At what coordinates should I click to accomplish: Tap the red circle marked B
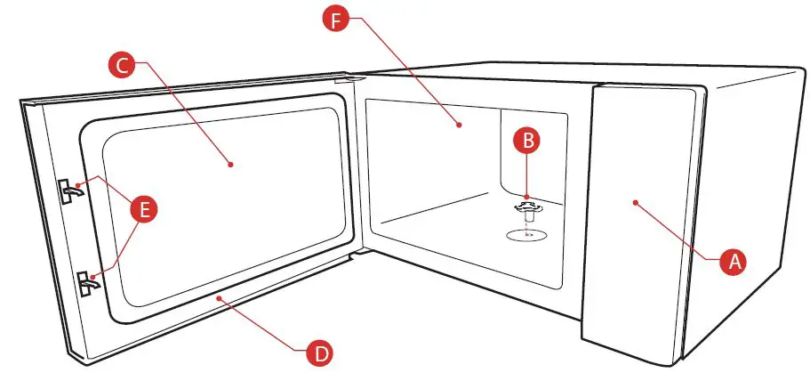point(527,141)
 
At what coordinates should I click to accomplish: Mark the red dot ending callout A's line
point(635,203)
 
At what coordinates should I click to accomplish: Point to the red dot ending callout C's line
point(231,164)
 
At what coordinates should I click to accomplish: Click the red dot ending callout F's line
point(460,126)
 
